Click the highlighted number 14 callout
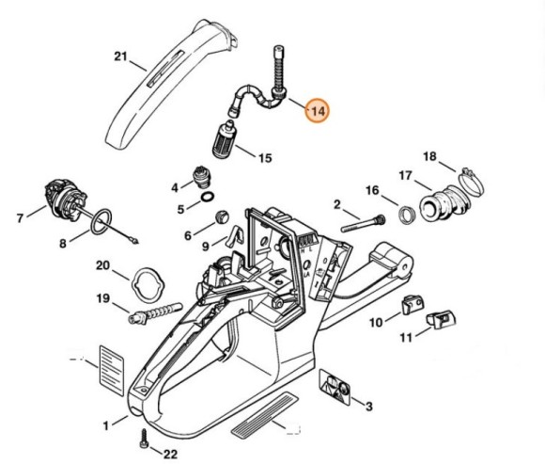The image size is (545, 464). (x=317, y=111)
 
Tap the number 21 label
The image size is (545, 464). (x=119, y=56)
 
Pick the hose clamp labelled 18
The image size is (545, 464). (x=469, y=175)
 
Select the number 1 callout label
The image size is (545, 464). (x=106, y=424)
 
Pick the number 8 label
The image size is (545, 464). (x=63, y=243)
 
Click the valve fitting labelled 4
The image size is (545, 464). (x=199, y=175)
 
